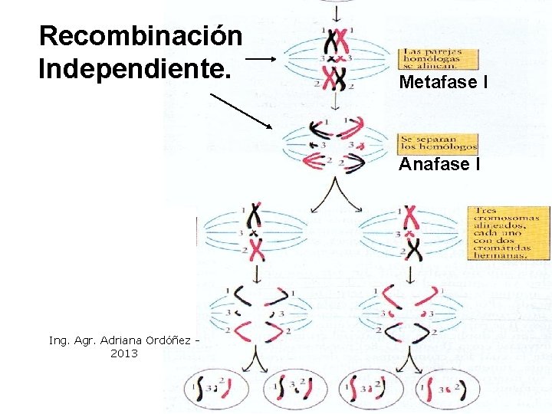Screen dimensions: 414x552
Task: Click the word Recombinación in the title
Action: tap(141, 35)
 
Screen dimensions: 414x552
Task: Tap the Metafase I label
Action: tap(444, 83)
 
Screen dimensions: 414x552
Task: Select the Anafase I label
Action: tap(440, 163)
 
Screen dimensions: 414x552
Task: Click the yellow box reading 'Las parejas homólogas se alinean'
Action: tap(438, 61)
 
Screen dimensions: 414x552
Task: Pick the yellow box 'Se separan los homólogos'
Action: tap(438, 143)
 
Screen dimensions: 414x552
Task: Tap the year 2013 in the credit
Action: tap(124, 353)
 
